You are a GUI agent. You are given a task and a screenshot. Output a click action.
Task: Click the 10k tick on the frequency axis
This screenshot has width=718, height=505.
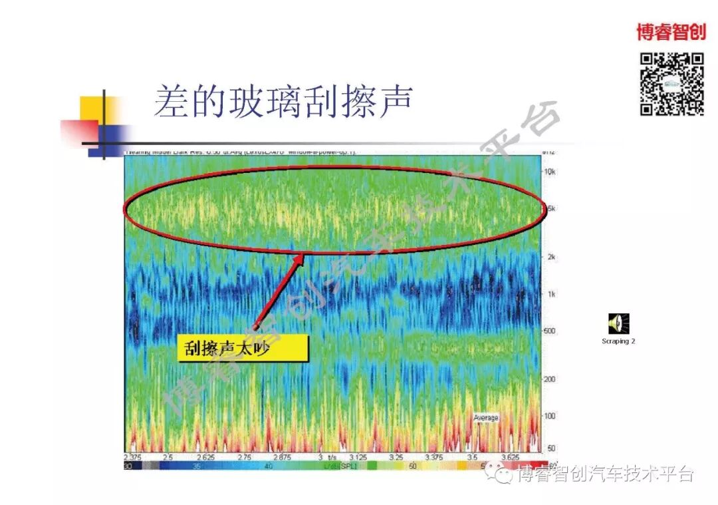click(x=550, y=172)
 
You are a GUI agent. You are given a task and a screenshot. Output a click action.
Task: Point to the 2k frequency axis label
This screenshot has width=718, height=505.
click(x=550, y=257)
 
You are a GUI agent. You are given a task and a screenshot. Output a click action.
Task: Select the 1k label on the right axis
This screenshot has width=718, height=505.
click(x=550, y=294)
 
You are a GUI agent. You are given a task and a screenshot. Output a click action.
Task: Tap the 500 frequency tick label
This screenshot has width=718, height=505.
click(x=550, y=331)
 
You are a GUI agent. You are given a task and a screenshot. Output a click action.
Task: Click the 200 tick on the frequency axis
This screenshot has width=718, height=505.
click(x=550, y=379)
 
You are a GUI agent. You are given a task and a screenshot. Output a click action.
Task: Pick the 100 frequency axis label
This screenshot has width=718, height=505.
click(x=550, y=416)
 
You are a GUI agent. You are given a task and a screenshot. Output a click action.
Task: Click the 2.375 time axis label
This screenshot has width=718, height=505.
click(x=134, y=458)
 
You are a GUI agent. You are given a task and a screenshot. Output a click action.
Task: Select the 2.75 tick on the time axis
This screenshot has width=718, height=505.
click(x=245, y=458)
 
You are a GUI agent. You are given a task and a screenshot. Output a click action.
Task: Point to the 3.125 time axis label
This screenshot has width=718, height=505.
click(x=358, y=458)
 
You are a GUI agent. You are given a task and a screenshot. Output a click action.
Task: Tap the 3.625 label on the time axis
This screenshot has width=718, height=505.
click(x=510, y=458)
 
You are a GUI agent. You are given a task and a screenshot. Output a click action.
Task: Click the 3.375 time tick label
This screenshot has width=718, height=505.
click(x=433, y=458)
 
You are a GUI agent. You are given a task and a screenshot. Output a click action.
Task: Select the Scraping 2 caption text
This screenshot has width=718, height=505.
click(x=618, y=341)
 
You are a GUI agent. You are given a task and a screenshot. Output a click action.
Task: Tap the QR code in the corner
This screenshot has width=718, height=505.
click(x=671, y=84)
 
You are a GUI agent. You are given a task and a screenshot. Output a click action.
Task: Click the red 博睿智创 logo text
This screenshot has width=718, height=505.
click(x=670, y=31)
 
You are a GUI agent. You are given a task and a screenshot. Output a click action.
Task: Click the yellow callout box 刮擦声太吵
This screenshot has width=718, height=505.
click(x=243, y=349)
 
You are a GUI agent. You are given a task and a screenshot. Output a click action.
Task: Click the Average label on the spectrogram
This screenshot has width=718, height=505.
click(x=486, y=417)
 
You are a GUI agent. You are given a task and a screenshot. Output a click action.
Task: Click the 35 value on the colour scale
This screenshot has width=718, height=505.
click(x=197, y=467)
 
